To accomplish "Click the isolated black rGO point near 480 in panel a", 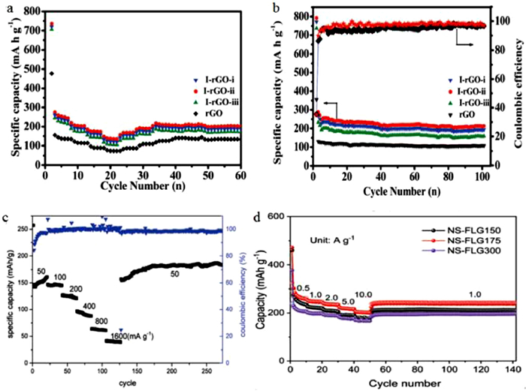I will point(51,74).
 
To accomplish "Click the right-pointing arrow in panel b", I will point(465,44).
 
